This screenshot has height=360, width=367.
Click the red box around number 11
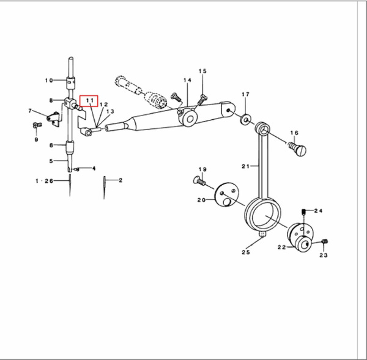89,101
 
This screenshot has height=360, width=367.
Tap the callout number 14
187,80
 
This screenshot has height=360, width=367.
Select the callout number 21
245,166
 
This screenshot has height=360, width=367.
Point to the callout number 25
246,252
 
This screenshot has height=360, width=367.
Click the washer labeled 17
245,120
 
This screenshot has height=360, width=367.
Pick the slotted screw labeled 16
297,149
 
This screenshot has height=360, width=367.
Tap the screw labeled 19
199,181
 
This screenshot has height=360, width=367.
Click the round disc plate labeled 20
227,194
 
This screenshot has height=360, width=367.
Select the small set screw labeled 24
303,213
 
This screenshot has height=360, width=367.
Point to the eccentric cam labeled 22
300,237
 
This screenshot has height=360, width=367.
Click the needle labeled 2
104,188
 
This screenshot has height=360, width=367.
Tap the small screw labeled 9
37,125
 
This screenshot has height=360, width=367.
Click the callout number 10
49,81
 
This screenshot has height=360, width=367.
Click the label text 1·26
44,181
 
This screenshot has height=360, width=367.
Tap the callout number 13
110,111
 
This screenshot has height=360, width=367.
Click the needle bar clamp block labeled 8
70,103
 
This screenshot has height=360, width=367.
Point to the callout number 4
94,169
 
